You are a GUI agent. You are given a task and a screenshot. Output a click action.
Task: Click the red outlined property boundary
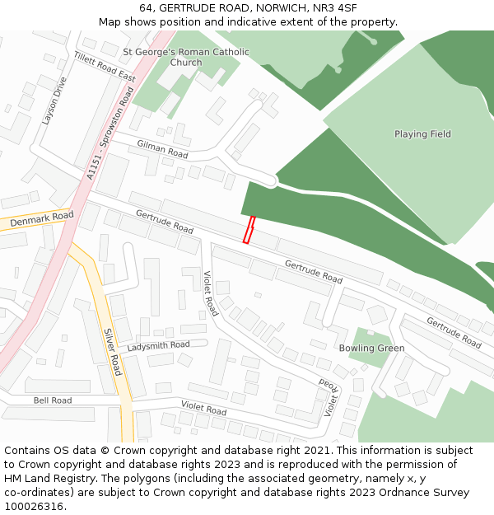pyautogui.click(x=249, y=230)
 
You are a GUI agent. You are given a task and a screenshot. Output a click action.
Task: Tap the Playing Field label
pyautogui.click(x=422, y=134)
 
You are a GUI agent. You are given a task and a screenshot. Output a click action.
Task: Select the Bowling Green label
pyautogui.click(x=371, y=349)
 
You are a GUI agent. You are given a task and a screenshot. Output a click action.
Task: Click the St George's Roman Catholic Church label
pyautogui.click(x=185, y=57)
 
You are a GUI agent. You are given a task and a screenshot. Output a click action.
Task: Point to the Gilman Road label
pyautogui.click(x=162, y=149)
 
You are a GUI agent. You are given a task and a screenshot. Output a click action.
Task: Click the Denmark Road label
pyautogui.click(x=41, y=219)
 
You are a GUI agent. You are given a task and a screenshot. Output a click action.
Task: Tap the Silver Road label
pyautogui.click(x=113, y=352)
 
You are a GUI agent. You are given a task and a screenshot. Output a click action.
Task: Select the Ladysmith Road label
pyautogui.click(x=158, y=345)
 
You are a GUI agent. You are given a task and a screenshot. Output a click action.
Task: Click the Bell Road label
pyautogui.click(x=53, y=400)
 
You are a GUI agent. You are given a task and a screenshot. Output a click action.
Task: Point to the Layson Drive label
pyautogui.click(x=54, y=101)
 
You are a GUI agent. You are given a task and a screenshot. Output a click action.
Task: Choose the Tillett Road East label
pyautogui.click(x=105, y=66)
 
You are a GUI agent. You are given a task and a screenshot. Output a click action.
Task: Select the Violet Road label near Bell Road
pyautogui.click(x=203, y=408)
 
